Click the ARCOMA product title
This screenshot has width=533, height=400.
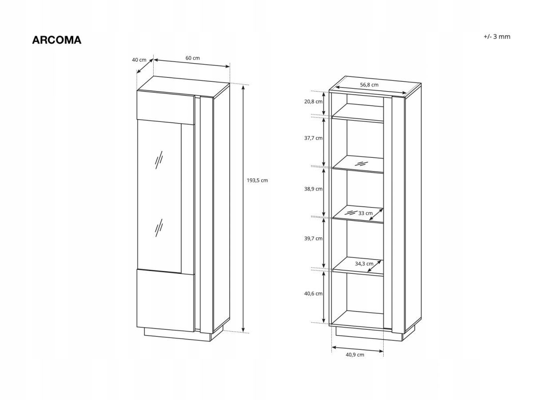coord(56,40)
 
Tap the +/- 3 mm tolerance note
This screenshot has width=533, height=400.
coord(497,37)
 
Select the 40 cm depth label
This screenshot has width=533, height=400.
coord(139,60)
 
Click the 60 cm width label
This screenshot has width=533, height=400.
coord(192,58)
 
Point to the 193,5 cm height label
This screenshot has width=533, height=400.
coord(258,180)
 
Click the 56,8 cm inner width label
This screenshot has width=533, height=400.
coord(369,85)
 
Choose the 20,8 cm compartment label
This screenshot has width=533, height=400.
coord(314,101)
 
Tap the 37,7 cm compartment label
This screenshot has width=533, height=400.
coord(314,138)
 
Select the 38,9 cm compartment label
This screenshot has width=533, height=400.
coord(314,189)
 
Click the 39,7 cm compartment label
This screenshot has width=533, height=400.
coord(314,239)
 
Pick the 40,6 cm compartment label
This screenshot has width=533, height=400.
coord(314,294)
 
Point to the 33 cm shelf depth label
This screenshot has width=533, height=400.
coord(366,213)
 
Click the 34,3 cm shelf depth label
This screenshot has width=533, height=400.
coord(364,264)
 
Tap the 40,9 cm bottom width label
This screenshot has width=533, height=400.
coord(355,355)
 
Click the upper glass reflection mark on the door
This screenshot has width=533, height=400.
coord(159,160)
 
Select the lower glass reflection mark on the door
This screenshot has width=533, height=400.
coord(159,227)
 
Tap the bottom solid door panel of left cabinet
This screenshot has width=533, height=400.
coord(166,300)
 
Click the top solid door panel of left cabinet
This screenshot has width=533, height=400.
coord(166,107)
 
